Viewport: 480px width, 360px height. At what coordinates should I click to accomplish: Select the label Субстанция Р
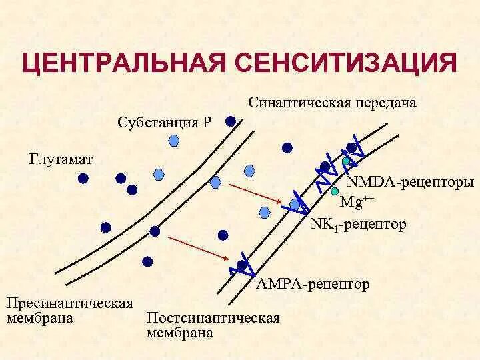[165, 123]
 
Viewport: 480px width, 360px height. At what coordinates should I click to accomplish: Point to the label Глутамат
[61, 160]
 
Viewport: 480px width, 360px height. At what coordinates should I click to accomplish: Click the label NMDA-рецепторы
[411, 182]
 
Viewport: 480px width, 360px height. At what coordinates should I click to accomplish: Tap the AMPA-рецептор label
[313, 285]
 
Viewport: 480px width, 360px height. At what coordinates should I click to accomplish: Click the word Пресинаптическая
[70, 303]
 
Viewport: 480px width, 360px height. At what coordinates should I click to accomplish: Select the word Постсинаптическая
[213, 317]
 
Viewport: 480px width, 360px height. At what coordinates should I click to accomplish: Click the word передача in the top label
[385, 103]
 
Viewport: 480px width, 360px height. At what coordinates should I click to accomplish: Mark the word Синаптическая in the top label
[300, 103]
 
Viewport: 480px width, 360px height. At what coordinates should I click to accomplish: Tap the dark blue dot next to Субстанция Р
[230, 122]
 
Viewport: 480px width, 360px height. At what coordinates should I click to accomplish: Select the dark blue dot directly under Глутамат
[83, 178]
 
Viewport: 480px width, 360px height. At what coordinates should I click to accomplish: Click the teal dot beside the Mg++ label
[334, 191]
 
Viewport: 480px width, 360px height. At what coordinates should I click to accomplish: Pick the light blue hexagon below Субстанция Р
[175, 140]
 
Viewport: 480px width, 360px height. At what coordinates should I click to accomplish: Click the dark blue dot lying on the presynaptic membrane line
[155, 231]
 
